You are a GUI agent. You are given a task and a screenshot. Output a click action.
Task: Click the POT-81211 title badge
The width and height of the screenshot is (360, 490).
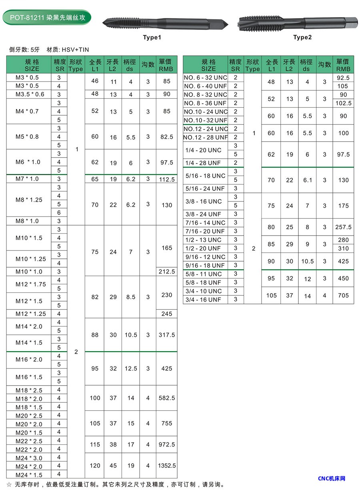pos(47,17)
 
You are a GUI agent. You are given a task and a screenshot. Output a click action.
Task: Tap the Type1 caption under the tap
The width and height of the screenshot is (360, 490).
pos(152,38)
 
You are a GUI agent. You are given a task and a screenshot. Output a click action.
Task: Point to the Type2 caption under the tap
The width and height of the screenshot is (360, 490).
pos(302,37)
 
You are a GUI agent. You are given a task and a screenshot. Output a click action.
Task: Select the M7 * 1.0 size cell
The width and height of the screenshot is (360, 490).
pos(27,179)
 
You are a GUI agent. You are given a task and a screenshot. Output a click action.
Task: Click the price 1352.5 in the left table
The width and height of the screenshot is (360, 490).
pos(166,466)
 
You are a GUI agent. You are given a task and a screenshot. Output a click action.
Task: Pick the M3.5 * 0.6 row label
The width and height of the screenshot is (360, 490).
pos(30,94)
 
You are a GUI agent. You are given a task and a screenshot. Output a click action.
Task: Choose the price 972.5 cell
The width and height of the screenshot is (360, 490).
pos(166,444)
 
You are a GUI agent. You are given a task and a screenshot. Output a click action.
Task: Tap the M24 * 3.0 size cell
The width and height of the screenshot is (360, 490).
pos(29,458)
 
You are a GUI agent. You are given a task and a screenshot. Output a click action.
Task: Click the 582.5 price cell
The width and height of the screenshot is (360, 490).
pos(166,398)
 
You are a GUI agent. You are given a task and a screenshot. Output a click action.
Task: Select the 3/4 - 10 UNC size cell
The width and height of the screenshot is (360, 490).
pos(203,291)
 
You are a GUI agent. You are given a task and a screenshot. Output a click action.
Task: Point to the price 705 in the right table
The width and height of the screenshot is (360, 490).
pos(343,296)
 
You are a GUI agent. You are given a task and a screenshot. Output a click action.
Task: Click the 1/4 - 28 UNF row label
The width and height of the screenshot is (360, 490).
pos(203,163)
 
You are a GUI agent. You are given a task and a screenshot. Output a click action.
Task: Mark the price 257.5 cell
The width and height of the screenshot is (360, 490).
pos(343,227)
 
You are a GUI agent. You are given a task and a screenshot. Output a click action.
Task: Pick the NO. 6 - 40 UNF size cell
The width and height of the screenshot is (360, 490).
pos(205,86)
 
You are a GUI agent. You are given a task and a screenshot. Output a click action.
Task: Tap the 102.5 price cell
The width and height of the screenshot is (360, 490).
pos(343,103)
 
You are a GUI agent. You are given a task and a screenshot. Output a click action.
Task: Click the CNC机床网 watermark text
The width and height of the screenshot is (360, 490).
pos(331,478)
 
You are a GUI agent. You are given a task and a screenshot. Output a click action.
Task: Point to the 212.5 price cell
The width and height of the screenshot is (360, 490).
pos(166,272)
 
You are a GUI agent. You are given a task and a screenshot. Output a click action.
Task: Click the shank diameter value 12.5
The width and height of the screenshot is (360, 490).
pos(131,368)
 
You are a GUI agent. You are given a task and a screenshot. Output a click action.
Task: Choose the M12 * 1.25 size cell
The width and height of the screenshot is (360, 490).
pos(31,314)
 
